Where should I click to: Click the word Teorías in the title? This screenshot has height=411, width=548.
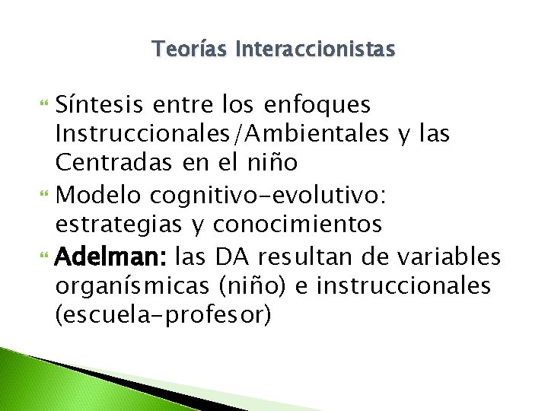point(190,50)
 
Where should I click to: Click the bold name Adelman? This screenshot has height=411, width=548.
point(103,257)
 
